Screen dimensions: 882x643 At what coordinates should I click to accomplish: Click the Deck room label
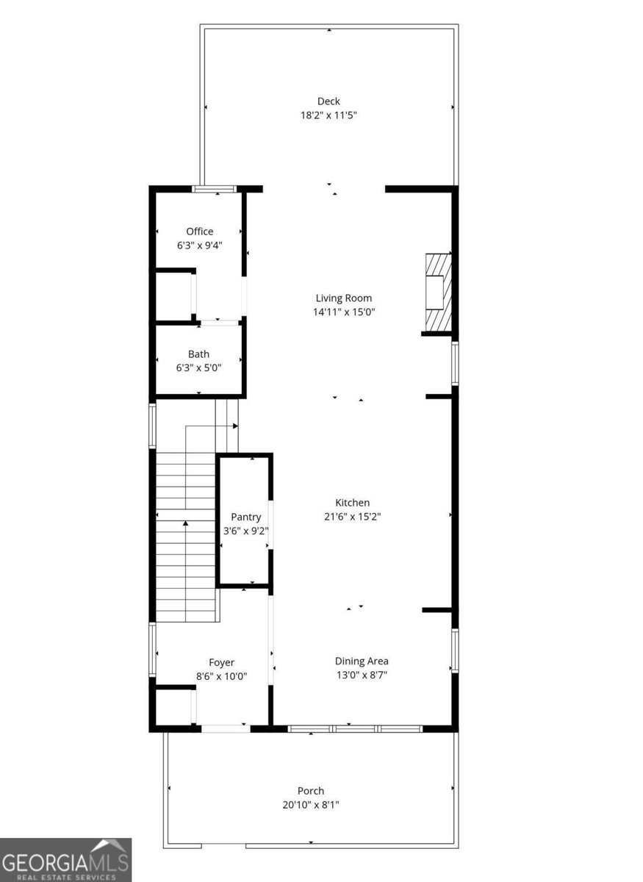pyautogui.click(x=328, y=101)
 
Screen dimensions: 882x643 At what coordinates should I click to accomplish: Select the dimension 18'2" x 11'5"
pyautogui.click(x=328, y=115)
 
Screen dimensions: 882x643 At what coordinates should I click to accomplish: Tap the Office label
pyautogui.click(x=199, y=232)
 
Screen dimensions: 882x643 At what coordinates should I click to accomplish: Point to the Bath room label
pyautogui.click(x=198, y=354)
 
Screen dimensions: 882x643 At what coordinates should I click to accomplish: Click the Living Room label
pyautogui.click(x=344, y=298)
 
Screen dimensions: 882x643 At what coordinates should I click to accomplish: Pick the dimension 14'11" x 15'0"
pyautogui.click(x=344, y=312)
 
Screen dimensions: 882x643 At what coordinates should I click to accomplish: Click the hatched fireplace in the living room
pyautogui.click(x=438, y=293)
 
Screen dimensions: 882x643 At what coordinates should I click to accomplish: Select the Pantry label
pyautogui.click(x=246, y=517)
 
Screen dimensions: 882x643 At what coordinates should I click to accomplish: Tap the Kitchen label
pyautogui.click(x=353, y=503)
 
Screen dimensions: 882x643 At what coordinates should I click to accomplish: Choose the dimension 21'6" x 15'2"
pyautogui.click(x=353, y=516)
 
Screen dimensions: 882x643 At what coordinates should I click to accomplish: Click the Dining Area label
pyautogui.click(x=362, y=661)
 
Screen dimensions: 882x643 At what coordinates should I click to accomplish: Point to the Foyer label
pyautogui.click(x=221, y=663)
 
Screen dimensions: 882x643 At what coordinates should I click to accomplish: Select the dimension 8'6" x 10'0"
pyautogui.click(x=221, y=676)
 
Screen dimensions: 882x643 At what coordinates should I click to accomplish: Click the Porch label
pyautogui.click(x=311, y=791)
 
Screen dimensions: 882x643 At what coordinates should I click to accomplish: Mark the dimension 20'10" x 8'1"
pyautogui.click(x=311, y=804)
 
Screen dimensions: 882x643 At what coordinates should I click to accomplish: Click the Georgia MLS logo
pyautogui.click(x=65, y=860)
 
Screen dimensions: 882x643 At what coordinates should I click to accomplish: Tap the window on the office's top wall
pyautogui.click(x=215, y=189)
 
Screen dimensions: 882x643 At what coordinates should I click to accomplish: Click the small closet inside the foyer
pyautogui.click(x=174, y=708)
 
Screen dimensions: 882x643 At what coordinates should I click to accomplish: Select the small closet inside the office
pyautogui.click(x=174, y=296)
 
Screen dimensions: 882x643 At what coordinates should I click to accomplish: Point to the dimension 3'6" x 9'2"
pyautogui.click(x=246, y=531)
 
